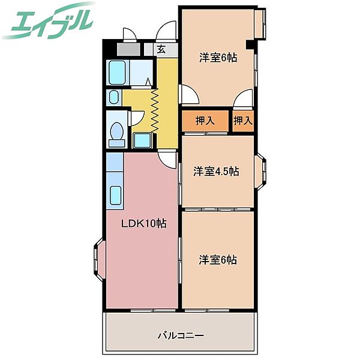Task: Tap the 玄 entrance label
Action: click(161, 50)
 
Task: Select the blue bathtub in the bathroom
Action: click(118, 73)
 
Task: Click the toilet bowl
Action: click(116, 132)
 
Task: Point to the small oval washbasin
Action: click(114, 96)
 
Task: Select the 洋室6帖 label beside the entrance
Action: click(218, 58)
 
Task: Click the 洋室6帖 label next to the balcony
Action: click(218, 260)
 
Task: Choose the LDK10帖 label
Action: click(144, 224)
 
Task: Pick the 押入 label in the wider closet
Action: click(205, 121)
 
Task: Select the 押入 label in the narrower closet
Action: click(242, 121)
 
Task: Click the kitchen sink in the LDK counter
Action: click(115, 196)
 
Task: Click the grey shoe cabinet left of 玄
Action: click(128, 50)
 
